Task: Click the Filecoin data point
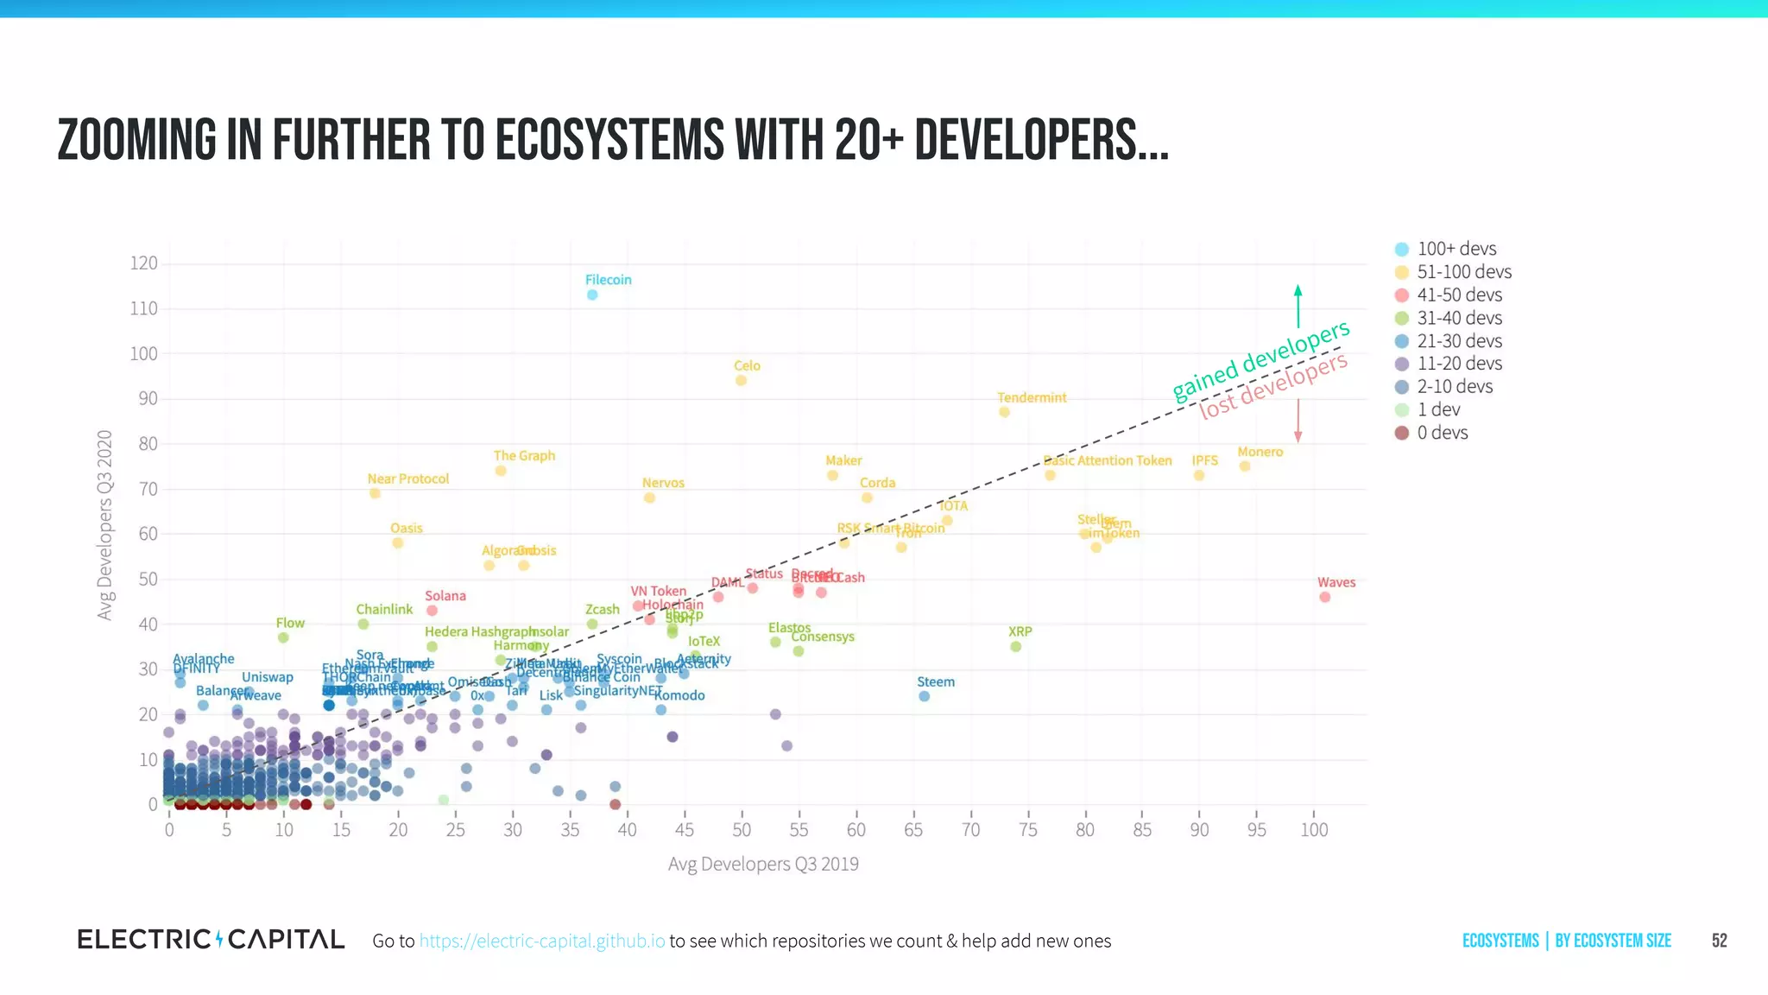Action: pos(592,295)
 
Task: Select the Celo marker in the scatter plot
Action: pos(741,380)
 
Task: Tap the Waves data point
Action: pos(1324,597)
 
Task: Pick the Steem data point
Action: pos(924,696)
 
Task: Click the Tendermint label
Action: pos(1032,397)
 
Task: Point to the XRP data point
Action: pos(1015,646)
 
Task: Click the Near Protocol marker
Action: pos(375,493)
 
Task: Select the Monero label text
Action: pos(1260,452)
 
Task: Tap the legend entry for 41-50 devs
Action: pos(1458,295)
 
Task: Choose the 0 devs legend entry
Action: pos(1441,433)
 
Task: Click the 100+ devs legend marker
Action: pos(1402,249)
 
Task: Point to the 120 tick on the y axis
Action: pos(143,263)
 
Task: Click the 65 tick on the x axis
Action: pos(912,830)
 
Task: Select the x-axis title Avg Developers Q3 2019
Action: pos(763,864)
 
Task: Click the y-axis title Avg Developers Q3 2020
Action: pos(104,524)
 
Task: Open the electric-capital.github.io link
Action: pos(541,941)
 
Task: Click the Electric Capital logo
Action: pos(211,940)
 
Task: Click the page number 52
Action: pos(1719,941)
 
